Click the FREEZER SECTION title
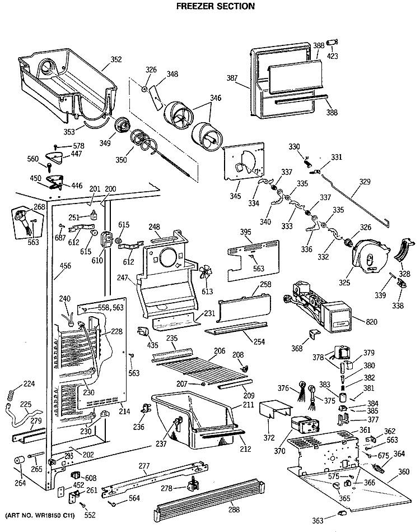[208, 7]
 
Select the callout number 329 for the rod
[365, 183]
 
